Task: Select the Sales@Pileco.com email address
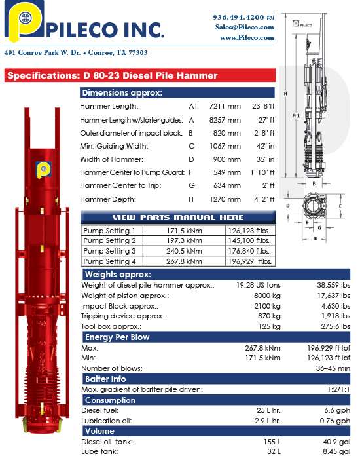coord(244,27)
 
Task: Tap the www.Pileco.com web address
coord(247,37)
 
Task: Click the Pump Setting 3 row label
coord(110,251)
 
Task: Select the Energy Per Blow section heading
coord(117,337)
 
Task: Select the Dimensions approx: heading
coord(122,92)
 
